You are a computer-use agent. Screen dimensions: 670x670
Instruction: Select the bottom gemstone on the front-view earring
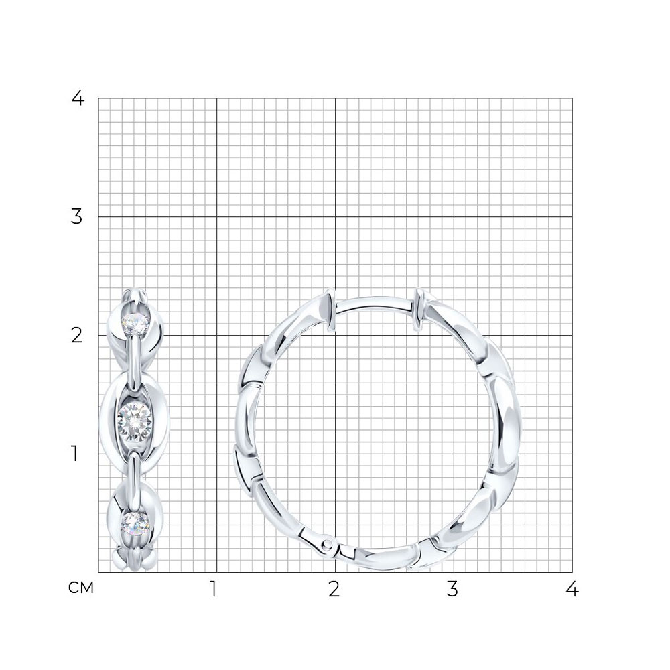click(x=135, y=523)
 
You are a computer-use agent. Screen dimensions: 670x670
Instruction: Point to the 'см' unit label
click(x=81, y=588)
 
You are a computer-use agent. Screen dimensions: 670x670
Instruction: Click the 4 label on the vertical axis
click(x=78, y=98)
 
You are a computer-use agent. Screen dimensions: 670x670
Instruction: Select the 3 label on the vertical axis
click(x=76, y=217)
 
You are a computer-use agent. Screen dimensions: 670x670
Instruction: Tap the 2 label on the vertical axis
click(x=76, y=336)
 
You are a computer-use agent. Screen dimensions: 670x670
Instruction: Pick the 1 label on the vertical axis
click(x=75, y=454)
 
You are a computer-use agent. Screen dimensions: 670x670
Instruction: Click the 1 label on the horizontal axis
click(x=213, y=589)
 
